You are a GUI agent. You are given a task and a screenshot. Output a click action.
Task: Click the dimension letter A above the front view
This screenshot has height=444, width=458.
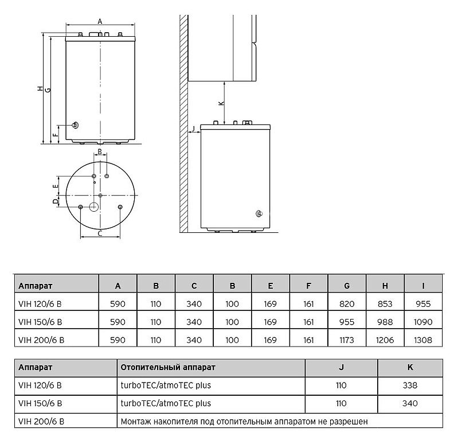[100, 21]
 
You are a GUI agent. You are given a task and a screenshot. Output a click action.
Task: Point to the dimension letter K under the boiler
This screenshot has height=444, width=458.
[221, 103]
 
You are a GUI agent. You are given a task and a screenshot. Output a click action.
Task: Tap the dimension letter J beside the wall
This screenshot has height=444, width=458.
[194, 128]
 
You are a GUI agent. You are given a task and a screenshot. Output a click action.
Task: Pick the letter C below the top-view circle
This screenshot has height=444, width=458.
[100, 233]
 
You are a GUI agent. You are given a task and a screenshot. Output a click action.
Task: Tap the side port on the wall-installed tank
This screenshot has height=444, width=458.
[259, 215]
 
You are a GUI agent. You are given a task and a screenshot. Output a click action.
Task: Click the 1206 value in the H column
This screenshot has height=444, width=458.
[385, 340]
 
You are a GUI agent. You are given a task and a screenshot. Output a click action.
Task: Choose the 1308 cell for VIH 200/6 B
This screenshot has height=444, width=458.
[423, 340]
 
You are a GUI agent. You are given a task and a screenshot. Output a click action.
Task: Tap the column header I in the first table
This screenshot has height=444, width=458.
[423, 285]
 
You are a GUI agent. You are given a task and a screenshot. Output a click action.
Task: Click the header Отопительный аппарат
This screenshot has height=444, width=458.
[167, 367]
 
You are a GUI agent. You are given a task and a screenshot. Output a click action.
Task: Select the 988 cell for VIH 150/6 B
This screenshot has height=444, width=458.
[385, 322]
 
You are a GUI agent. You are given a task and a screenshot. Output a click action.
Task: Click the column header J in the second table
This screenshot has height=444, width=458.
[341, 367]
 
